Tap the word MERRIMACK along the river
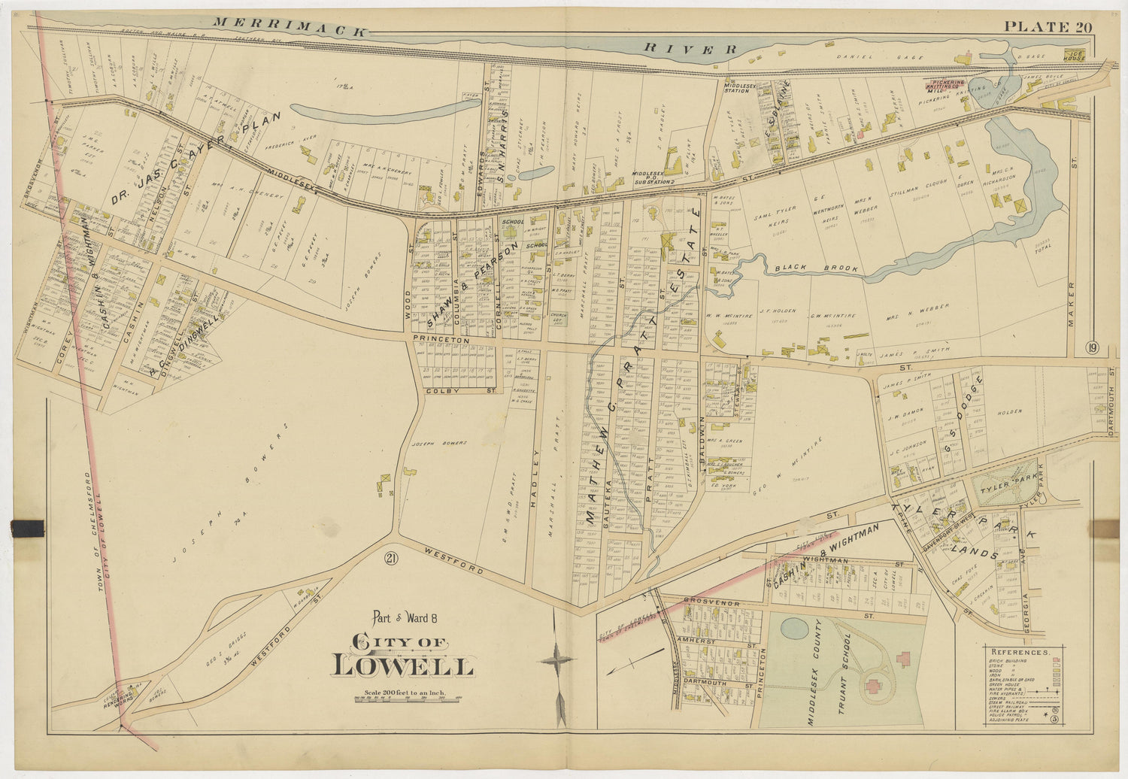pyautogui.click(x=290, y=27)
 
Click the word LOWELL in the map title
pyautogui.click(x=403, y=665)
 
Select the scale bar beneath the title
pyautogui.click(x=407, y=699)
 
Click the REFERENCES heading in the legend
pyautogui.click(x=1019, y=653)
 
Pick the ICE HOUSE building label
pyautogui.click(x=1073, y=55)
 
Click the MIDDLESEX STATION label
pyautogui.click(x=738, y=86)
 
